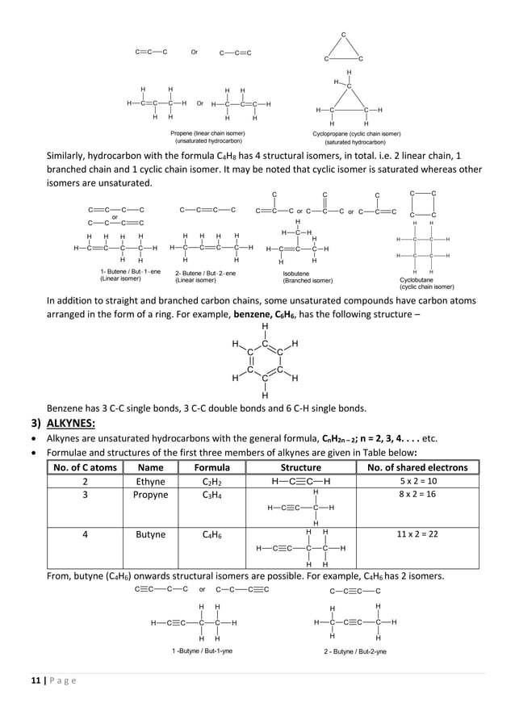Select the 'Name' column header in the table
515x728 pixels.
click(152, 467)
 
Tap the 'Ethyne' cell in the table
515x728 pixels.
click(151, 481)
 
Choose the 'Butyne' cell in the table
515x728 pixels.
click(151, 534)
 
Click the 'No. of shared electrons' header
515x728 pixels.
click(417, 467)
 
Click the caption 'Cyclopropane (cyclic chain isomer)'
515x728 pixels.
click(356, 133)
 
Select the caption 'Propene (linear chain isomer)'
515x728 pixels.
click(207, 133)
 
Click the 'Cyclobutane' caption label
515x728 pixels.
click(417, 279)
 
